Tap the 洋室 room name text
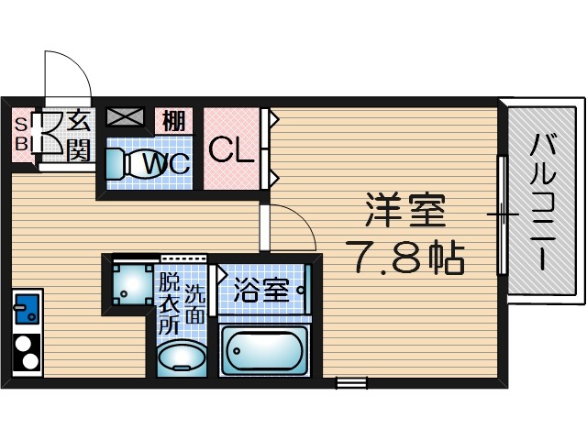pyautogui.click(x=404, y=211)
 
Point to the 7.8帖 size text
pyautogui.click(x=404, y=258)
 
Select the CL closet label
pyautogui.click(x=230, y=149)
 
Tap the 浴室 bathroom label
pyautogui.click(x=261, y=291)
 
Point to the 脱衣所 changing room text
pyautogui.click(x=169, y=303)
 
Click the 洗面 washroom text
pyautogui.click(x=195, y=306)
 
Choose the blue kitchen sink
pyautogui.click(x=25, y=308)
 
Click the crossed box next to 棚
pyautogui.click(x=126, y=118)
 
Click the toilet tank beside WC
pyautogui.click(x=115, y=164)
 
